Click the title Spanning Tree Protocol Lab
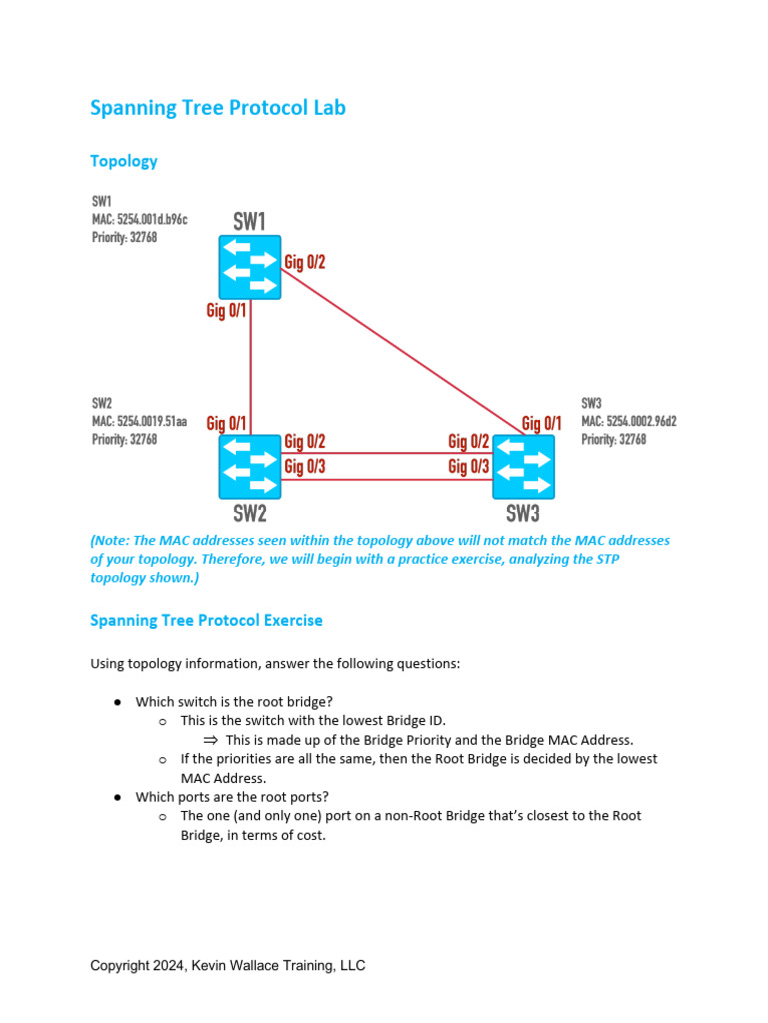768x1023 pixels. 217,108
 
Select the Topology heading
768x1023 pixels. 123,161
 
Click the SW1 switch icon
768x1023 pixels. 250,266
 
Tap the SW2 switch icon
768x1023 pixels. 250,466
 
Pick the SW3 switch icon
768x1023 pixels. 523,466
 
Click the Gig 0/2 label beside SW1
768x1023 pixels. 305,263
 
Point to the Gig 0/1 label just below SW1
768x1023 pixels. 226,311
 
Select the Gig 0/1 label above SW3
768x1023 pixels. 541,424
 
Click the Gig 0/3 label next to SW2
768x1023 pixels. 305,466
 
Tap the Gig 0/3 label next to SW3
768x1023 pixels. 468,466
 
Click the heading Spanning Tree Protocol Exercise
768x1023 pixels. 206,620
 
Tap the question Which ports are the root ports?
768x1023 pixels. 232,797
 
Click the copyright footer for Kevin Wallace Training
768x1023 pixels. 227,965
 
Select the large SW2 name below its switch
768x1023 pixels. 250,514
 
